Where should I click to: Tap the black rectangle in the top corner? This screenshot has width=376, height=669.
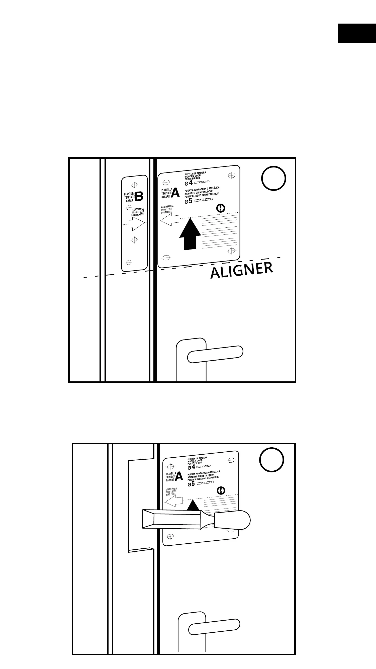click(x=356, y=33)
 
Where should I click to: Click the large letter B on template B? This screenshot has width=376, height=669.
click(x=139, y=196)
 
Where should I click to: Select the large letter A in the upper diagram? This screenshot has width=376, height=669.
click(x=175, y=193)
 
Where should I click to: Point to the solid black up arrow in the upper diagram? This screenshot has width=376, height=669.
click(x=190, y=234)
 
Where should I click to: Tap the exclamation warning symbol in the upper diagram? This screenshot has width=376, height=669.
click(x=221, y=208)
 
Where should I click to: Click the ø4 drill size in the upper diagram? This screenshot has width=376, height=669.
click(x=189, y=183)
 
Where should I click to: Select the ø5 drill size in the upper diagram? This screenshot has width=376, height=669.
click(x=189, y=201)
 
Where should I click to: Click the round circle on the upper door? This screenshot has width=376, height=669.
click(x=273, y=179)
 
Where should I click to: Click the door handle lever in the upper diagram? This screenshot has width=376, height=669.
click(x=215, y=354)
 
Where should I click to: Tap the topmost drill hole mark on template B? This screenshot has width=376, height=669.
click(x=135, y=185)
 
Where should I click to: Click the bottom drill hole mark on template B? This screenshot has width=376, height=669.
click(x=129, y=262)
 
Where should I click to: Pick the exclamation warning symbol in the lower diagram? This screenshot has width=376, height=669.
click(x=221, y=490)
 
